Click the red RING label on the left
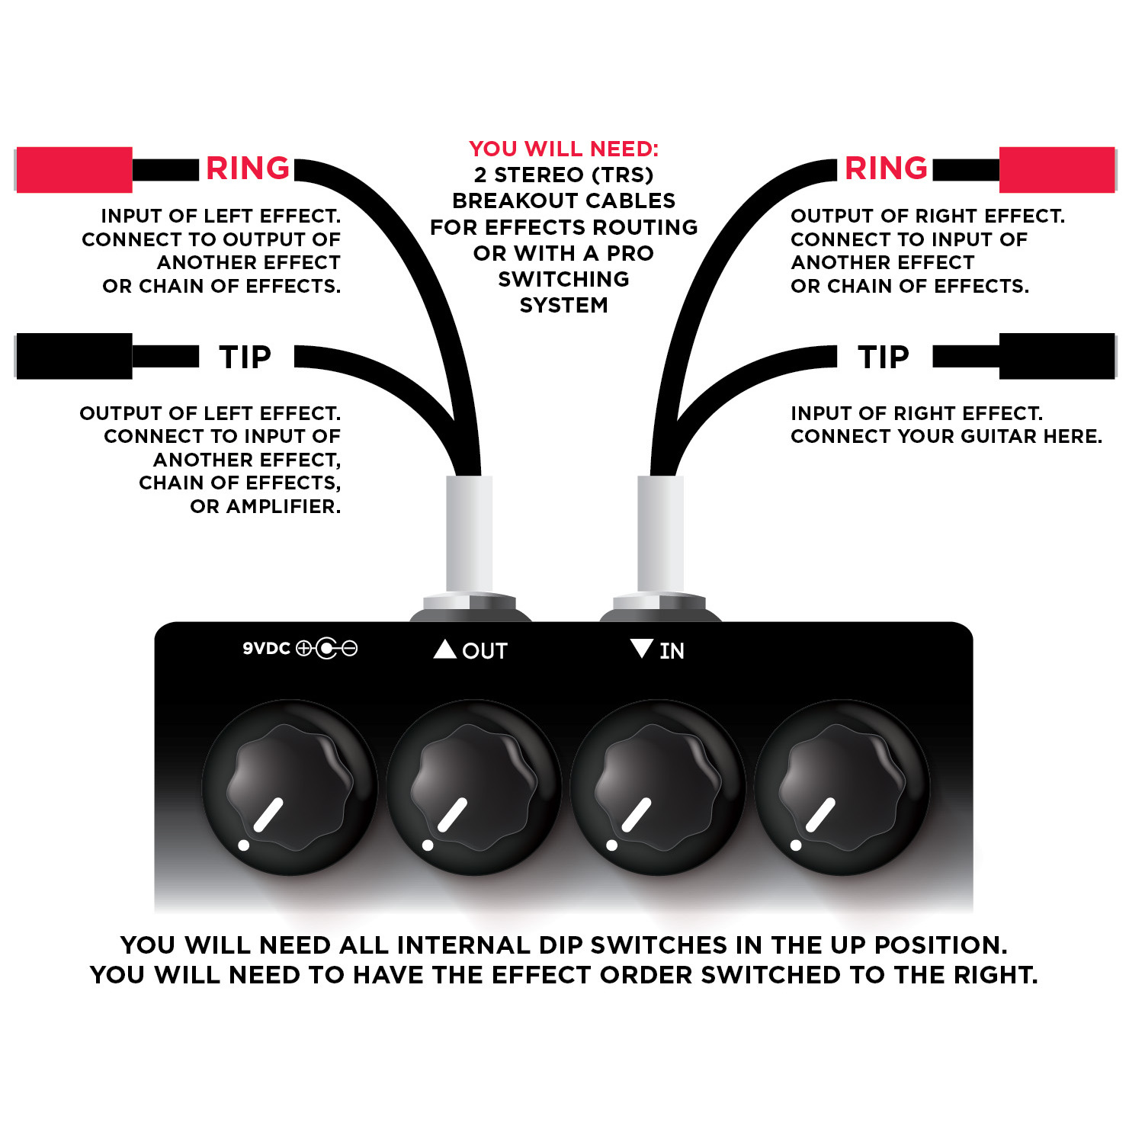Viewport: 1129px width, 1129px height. tap(248, 168)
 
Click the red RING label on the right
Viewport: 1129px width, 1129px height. tap(886, 168)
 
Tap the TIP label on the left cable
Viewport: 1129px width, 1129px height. tap(245, 357)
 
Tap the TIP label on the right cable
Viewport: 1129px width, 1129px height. tap(884, 357)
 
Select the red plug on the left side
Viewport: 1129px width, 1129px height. tap(74, 169)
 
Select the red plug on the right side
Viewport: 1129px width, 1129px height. tap(1057, 169)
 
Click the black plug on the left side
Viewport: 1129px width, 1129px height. tap(74, 356)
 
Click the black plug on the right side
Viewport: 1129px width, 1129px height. tap(1057, 356)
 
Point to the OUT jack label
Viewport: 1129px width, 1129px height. tap(484, 651)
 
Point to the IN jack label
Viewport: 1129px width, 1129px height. tap(672, 651)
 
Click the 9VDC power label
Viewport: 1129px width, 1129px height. tap(267, 649)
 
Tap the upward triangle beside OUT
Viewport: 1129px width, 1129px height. tap(444, 649)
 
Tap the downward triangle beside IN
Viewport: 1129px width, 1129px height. tap(642, 649)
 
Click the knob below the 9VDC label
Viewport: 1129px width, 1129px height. tap(290, 787)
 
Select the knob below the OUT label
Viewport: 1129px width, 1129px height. tap(474, 787)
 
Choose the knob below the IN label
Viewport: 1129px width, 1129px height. tap(658, 787)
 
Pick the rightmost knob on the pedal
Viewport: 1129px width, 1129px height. tap(842, 787)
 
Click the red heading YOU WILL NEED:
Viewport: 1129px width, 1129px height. tap(564, 149)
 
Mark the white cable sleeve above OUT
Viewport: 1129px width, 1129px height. tap(469, 534)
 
